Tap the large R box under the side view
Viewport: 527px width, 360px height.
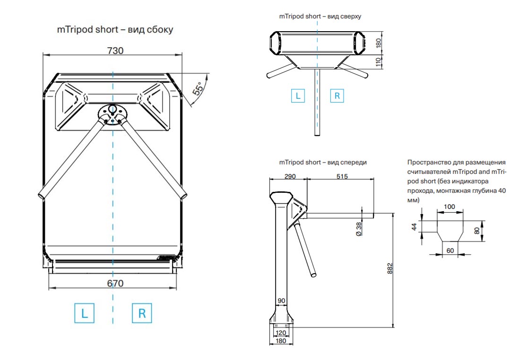pos(142,313)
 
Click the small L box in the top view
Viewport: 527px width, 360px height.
pos(298,95)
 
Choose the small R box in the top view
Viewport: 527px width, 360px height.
pos(337,95)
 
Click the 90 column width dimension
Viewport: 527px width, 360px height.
pos(281,301)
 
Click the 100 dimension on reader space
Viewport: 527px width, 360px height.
pos(449,206)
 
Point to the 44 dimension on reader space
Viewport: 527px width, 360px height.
pos(415,227)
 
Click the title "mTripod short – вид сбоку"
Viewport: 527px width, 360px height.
pos(115,30)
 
